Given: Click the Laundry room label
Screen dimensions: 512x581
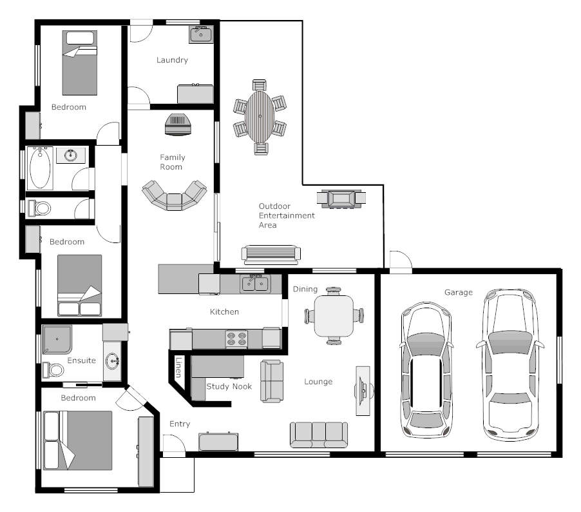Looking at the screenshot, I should (172, 60).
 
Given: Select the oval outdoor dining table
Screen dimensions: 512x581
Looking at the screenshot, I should (260, 117).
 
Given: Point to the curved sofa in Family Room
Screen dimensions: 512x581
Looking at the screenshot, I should (175, 196).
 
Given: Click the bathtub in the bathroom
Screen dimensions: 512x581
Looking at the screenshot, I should (40, 168).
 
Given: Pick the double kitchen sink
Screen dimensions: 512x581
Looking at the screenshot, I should (254, 284).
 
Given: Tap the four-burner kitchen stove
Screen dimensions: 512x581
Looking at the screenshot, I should (236, 339).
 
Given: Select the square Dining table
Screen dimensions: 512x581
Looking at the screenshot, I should (334, 315).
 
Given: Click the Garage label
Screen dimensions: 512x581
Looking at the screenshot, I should (458, 292).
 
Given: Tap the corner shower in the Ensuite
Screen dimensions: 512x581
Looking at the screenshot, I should (57, 340).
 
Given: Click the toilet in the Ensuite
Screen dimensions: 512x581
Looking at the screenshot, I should (53, 370).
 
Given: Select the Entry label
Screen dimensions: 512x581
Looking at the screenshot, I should (180, 424).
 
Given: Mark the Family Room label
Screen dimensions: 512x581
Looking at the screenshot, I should (172, 162).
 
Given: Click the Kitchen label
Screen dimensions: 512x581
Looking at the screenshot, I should (224, 311).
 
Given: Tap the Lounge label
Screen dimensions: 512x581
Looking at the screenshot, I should (318, 382).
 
